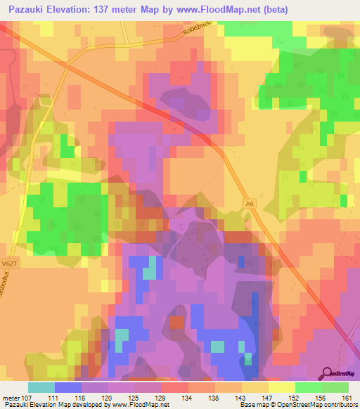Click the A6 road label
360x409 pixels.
(250, 204)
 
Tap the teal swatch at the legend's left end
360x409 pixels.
(41, 387)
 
